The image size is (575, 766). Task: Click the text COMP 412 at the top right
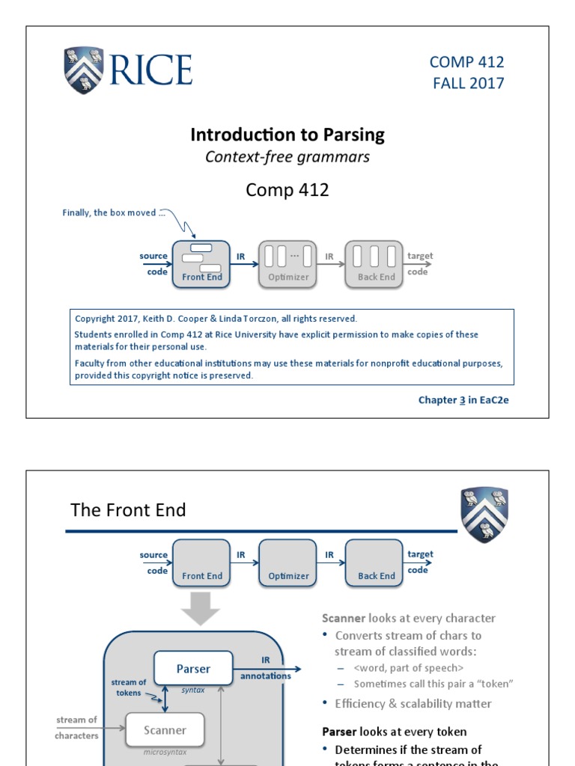pos(466,62)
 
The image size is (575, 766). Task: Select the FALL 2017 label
pos(468,83)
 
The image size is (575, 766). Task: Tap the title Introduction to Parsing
pos(287,135)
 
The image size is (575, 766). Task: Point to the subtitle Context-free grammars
pos(287,157)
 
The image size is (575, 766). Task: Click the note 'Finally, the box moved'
pos(109,212)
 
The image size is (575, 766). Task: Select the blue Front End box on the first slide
pos(202,264)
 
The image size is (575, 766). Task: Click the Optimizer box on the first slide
pos(288,264)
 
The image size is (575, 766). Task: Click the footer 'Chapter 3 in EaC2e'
pos(463,400)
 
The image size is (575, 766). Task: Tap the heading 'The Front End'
pos(128,510)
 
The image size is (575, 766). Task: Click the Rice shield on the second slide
pos(484,515)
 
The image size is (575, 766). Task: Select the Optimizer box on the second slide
pos(288,563)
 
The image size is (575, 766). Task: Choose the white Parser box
pos(193,668)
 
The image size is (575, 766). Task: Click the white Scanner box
pos(165,729)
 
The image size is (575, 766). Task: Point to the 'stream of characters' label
pos(77,728)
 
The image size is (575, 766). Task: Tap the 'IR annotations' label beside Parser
pos(266,669)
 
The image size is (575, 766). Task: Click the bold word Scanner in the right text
pos(344,618)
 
